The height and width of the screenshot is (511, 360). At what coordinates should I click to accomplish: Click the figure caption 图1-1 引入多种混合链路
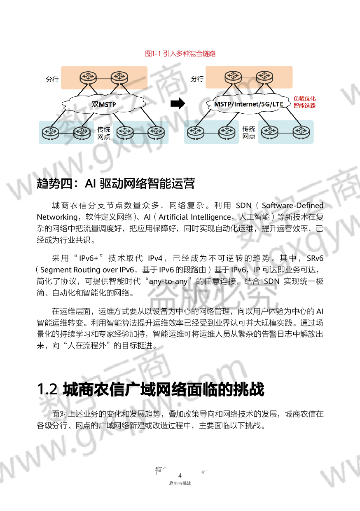(x=180, y=54)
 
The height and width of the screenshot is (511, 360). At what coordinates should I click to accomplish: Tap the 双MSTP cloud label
(x=104, y=104)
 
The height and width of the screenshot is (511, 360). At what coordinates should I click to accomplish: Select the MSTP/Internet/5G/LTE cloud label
(x=248, y=104)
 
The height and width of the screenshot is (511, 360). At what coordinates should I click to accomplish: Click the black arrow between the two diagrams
(x=178, y=103)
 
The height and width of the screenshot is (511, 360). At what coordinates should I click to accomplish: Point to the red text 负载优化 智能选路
(x=304, y=102)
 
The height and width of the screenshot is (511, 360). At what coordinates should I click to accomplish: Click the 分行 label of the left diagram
(x=52, y=79)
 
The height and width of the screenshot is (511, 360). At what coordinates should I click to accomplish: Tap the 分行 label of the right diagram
(x=197, y=79)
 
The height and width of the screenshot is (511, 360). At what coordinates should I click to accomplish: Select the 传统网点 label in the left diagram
(x=104, y=133)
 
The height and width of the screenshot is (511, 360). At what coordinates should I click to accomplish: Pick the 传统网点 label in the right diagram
(x=248, y=133)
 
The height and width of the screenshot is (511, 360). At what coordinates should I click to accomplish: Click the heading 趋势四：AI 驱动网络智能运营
(x=116, y=183)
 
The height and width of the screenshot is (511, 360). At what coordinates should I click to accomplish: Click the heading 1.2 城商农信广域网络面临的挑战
(x=150, y=389)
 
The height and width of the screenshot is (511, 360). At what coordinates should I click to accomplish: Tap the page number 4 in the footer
(x=180, y=476)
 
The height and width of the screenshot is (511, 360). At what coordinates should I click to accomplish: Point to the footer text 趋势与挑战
(x=180, y=483)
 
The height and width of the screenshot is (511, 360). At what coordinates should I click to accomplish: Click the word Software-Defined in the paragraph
(x=292, y=205)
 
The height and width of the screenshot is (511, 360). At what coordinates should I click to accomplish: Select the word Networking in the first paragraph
(x=57, y=217)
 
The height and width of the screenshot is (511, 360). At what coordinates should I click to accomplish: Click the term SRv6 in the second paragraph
(x=315, y=258)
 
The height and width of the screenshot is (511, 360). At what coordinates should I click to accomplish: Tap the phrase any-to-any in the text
(x=168, y=281)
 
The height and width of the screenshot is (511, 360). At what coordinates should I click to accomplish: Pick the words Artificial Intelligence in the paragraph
(x=195, y=217)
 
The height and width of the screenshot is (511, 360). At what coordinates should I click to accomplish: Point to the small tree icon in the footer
(x=159, y=470)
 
